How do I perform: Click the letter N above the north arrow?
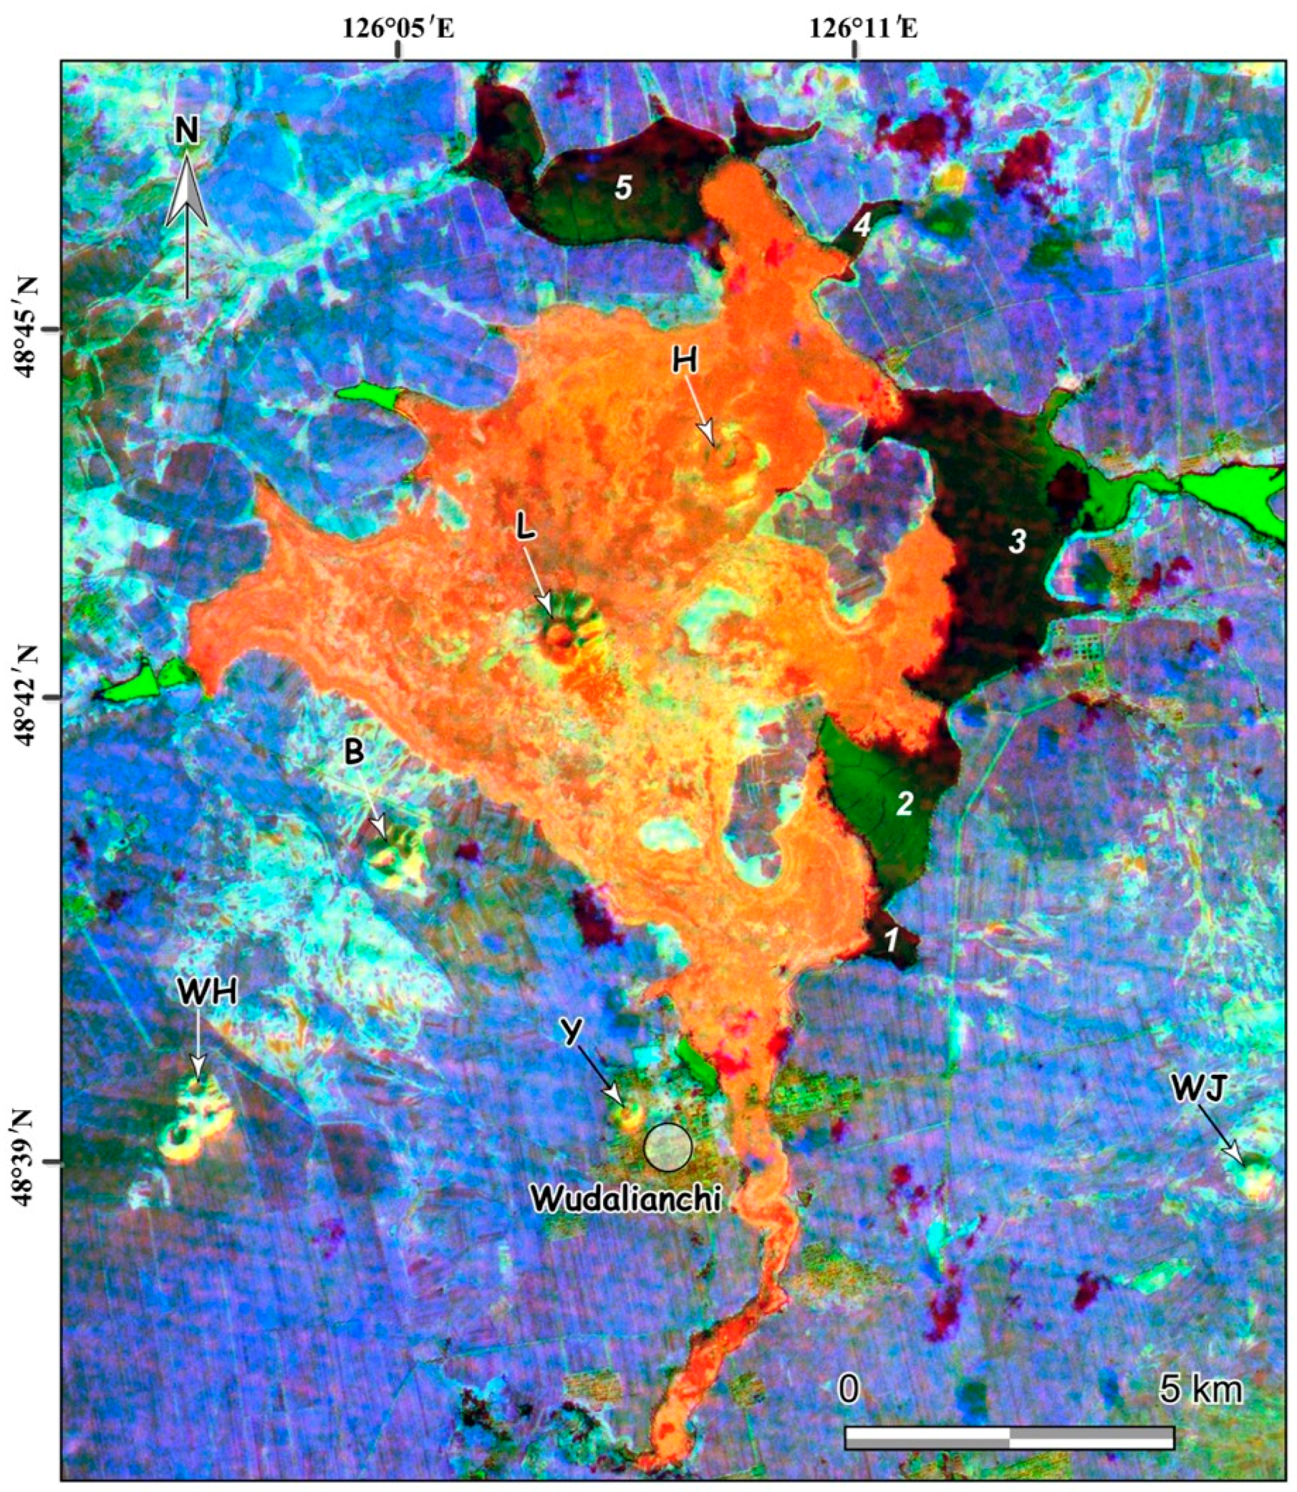pyautogui.click(x=187, y=131)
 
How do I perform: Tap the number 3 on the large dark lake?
pyautogui.click(x=1017, y=541)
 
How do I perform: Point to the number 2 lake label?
pyautogui.click(x=906, y=804)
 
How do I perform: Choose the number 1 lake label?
pyautogui.click(x=892, y=941)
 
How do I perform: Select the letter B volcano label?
pyautogui.click(x=354, y=753)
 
